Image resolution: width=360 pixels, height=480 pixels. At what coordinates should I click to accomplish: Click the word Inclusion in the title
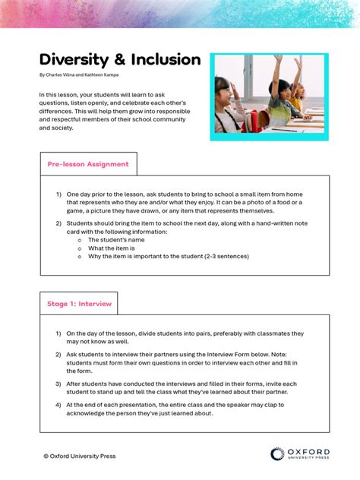pyautogui.click(x=165, y=60)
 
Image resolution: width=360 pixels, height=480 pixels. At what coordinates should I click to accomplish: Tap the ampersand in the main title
pyautogui.click(x=119, y=60)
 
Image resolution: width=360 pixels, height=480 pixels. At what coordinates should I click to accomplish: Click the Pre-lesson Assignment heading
pyautogui.click(x=88, y=164)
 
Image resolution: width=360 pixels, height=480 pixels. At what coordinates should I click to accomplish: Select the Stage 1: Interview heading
pyautogui.click(x=79, y=304)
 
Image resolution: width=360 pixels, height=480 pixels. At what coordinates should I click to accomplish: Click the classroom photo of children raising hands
pyautogui.click(x=269, y=96)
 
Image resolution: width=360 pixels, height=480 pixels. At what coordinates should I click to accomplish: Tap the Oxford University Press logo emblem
pyautogui.click(x=277, y=454)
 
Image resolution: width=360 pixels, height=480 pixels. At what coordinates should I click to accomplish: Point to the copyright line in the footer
pyautogui.click(x=80, y=456)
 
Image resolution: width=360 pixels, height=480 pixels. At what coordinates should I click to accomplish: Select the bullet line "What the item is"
pyautogui.click(x=111, y=248)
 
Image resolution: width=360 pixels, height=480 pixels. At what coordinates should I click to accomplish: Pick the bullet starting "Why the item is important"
pyautogui.click(x=168, y=257)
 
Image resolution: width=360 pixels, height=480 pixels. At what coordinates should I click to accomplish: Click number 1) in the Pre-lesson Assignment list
pyautogui.click(x=58, y=194)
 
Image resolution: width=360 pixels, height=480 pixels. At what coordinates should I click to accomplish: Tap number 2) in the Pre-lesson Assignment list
pyautogui.click(x=58, y=223)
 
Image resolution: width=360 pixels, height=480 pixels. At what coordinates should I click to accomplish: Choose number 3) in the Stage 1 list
pyautogui.click(x=58, y=384)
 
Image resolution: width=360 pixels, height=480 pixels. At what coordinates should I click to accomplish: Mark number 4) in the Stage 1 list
pyautogui.click(x=58, y=405)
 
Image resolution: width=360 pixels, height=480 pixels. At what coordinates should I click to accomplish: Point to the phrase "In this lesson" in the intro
pyautogui.click(x=59, y=94)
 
